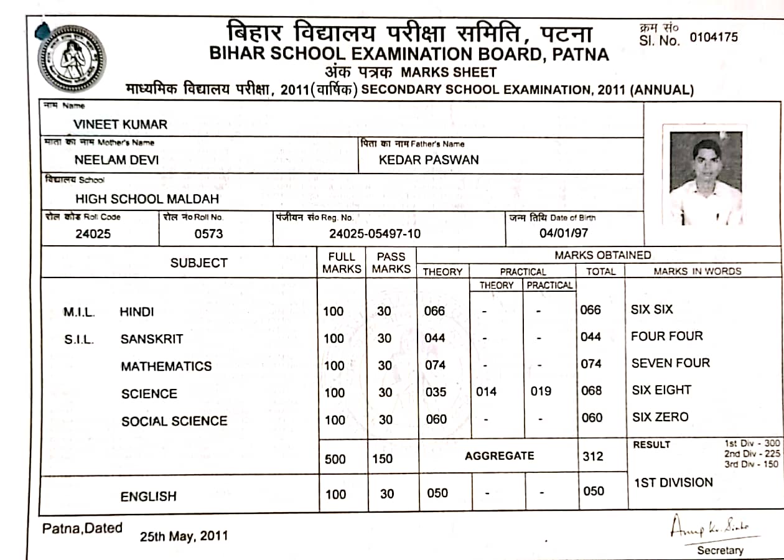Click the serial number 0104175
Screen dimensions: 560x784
click(714, 37)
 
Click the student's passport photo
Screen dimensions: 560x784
click(706, 176)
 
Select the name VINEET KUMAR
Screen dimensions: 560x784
click(120, 124)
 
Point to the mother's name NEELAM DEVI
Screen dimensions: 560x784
click(116, 160)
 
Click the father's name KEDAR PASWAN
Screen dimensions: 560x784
click(429, 160)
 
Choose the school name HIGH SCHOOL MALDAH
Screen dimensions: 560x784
click(147, 199)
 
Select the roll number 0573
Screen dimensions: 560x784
click(208, 234)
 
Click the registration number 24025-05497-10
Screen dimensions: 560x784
click(375, 234)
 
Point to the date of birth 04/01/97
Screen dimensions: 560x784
click(563, 233)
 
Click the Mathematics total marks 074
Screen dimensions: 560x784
click(590, 364)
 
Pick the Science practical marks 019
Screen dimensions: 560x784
click(541, 392)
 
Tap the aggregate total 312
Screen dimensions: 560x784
click(592, 457)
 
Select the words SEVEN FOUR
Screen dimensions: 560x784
click(670, 363)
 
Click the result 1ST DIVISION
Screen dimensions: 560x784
click(673, 482)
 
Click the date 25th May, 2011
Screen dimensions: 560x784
click(184, 536)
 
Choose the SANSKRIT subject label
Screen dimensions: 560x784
click(152, 339)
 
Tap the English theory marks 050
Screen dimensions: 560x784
click(437, 493)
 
